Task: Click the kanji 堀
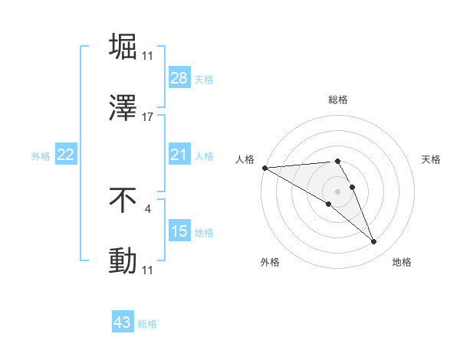[x=123, y=47]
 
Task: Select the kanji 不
[x=123, y=201]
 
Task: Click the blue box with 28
[x=179, y=79]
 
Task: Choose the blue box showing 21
[x=179, y=155]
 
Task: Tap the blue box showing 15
[x=179, y=231]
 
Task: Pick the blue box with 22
[x=65, y=155]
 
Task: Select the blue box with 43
[x=123, y=323]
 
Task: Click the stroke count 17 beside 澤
[x=148, y=117]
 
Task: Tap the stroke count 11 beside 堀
[x=148, y=56]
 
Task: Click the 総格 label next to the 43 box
[x=147, y=324]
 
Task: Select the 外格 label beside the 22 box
[x=41, y=155]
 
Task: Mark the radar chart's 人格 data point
[x=264, y=168]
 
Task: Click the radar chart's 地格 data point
[x=374, y=242]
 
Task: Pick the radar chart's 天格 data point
[x=353, y=187]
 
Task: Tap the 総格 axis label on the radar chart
[x=338, y=100]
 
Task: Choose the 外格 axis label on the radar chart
[x=270, y=262]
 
